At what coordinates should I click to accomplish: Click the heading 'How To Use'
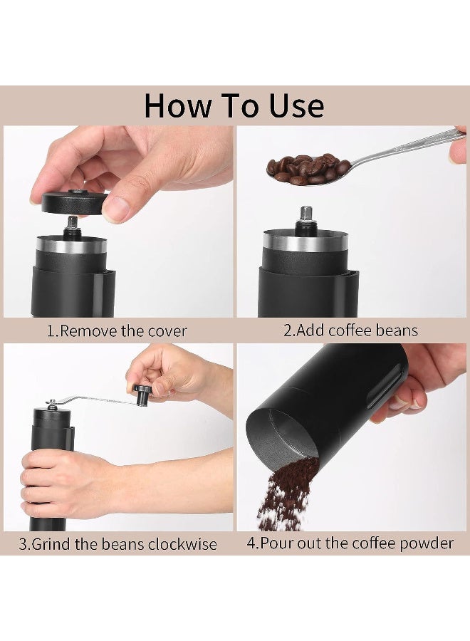coord(234,105)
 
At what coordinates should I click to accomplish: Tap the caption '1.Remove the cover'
coord(117,330)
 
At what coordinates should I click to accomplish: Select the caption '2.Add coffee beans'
coord(350,330)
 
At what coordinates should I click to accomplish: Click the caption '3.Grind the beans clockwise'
coord(117,544)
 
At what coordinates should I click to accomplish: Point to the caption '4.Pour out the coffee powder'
coord(350,543)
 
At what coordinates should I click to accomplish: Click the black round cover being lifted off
coord(71,202)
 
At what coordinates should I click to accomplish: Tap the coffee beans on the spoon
coord(306,169)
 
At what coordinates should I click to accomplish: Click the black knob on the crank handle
coord(143,392)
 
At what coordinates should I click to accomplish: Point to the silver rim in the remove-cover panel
coord(71,246)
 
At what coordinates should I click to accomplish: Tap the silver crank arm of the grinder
coord(93,400)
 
